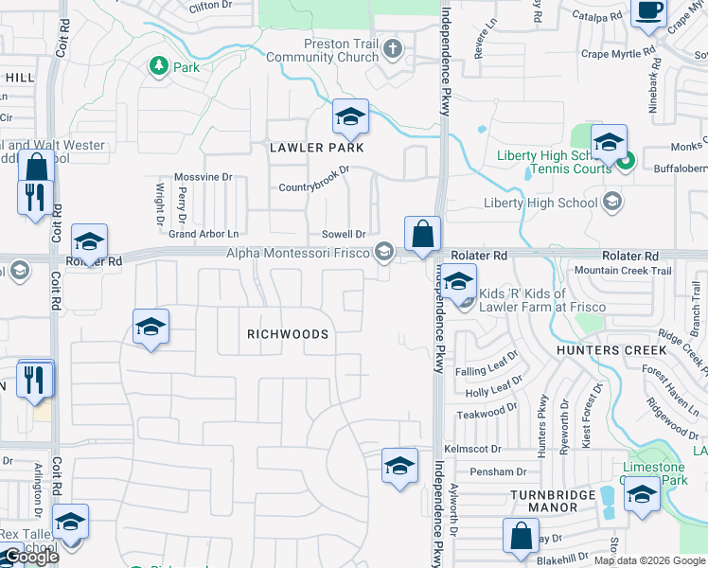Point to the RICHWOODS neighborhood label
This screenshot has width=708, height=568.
tap(288, 334)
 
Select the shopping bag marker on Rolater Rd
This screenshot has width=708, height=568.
tap(421, 234)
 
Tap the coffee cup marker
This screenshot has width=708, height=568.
tap(649, 11)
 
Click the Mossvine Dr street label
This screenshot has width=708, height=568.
tap(203, 177)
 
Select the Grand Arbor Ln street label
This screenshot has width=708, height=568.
tap(204, 233)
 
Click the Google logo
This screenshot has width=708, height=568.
tap(30, 557)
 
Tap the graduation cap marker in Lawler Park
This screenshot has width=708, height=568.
tap(350, 117)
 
